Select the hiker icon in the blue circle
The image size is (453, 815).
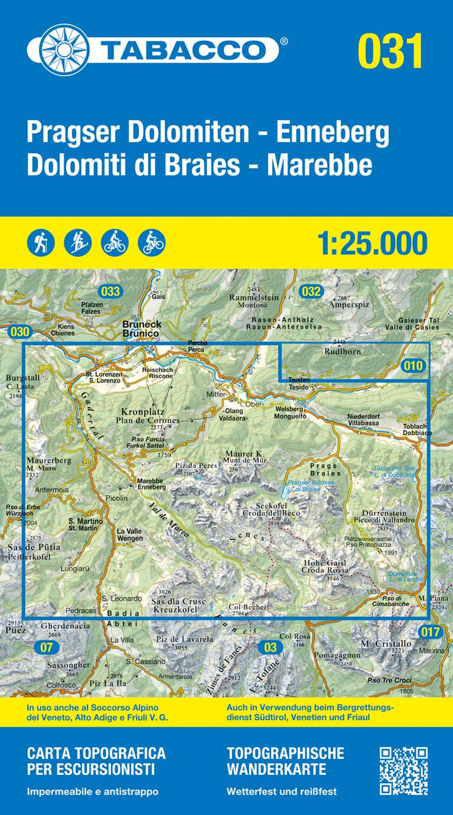(42, 242)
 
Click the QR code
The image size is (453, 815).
(404, 770)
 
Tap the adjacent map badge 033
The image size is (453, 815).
(109, 291)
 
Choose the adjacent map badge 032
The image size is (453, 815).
(311, 291)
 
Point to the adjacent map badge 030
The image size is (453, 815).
(20, 331)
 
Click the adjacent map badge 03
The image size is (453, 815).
(271, 646)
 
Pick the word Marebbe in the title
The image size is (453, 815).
(320, 165)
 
